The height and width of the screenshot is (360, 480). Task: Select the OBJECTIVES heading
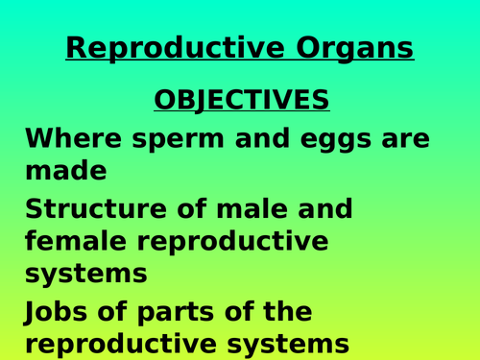click(x=241, y=100)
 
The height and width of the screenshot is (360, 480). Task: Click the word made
click(x=64, y=171)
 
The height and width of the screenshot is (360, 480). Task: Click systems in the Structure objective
click(x=85, y=273)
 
